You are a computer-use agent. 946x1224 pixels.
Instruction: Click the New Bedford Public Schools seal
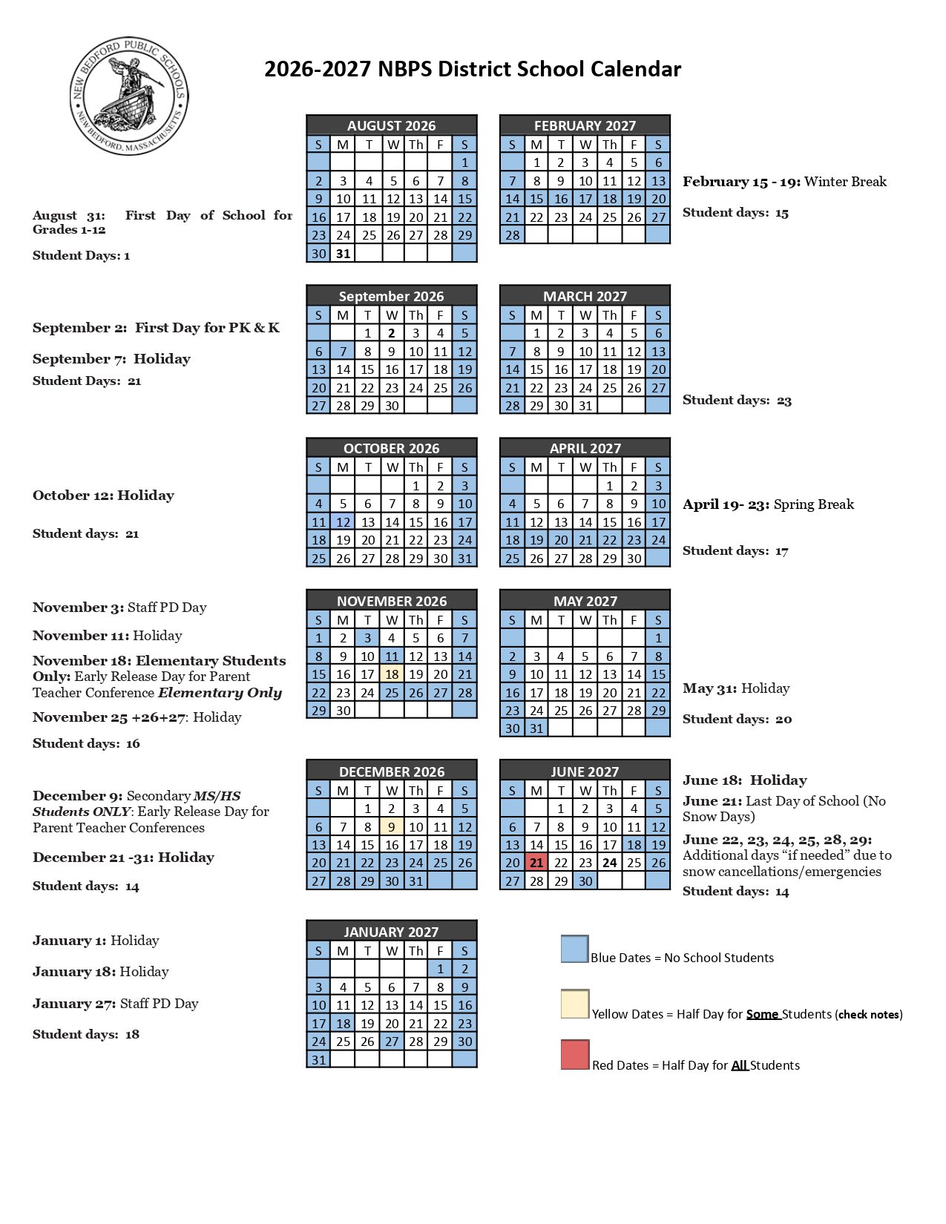click(129, 96)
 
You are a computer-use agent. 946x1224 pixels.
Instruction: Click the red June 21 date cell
click(536, 862)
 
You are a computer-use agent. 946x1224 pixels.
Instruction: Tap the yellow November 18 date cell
click(392, 674)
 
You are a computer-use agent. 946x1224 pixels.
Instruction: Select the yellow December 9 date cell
click(392, 826)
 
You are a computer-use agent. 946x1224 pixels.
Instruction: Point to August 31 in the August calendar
click(343, 253)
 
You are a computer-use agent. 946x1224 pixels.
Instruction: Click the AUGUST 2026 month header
click(391, 125)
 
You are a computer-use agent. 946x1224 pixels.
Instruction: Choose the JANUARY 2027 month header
click(391, 931)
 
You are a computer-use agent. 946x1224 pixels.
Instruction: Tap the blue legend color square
click(574, 949)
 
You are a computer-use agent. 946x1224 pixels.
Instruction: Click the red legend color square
click(574, 1055)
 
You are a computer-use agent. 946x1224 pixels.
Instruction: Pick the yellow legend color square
click(574, 1004)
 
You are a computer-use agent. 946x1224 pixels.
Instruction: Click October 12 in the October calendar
click(343, 521)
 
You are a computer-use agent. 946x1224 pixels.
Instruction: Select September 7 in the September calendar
click(343, 351)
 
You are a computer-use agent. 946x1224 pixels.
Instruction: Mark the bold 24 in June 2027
click(610, 862)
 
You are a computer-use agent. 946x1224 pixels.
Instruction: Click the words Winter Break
click(845, 182)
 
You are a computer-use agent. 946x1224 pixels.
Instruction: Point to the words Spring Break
click(814, 504)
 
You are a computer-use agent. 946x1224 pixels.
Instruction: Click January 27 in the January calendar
click(392, 1041)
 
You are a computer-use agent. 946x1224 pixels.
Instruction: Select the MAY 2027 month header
click(585, 600)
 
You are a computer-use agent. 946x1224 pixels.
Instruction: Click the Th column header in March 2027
click(609, 315)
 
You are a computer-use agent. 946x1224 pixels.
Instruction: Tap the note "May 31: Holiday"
click(736, 688)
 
